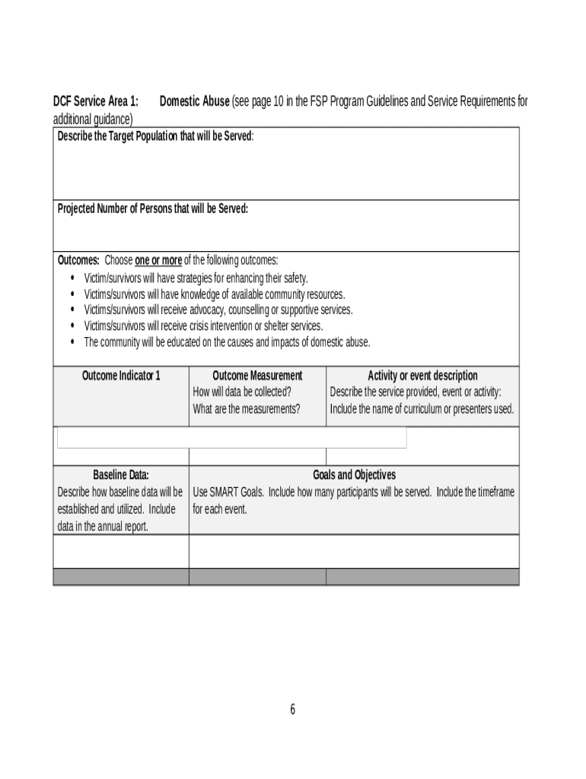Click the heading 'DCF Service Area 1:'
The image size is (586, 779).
95,101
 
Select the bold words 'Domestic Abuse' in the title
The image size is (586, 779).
194,101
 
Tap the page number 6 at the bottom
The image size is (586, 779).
292,710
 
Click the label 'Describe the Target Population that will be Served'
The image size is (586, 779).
155,135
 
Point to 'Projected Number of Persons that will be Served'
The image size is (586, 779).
152,208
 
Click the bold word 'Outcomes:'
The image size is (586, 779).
78,260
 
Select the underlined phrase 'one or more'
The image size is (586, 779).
158,260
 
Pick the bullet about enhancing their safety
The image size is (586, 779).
196,278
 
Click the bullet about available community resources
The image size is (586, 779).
214,294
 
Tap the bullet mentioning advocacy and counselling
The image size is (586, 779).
218,310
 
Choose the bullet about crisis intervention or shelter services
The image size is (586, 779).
203,326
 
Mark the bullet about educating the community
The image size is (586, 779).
227,342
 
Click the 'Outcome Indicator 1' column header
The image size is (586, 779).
121,376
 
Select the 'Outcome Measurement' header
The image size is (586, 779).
257,376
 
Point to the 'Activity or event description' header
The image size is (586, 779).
422,376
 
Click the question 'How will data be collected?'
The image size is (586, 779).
242,392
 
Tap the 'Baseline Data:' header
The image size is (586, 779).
121,475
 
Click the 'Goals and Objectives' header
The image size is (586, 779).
354,475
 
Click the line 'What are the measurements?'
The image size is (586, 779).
247,409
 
